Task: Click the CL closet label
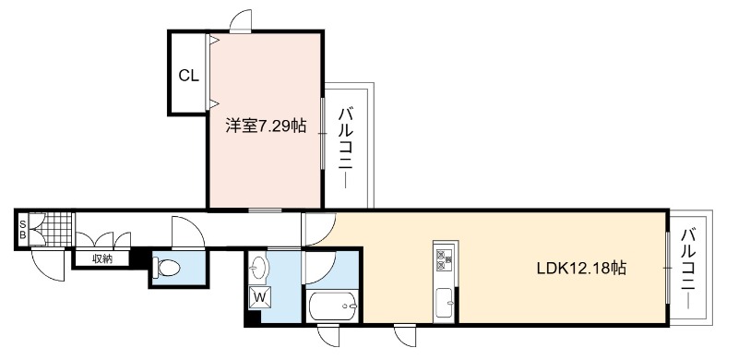(189, 76)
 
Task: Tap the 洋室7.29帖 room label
(266, 126)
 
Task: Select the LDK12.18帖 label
(582, 269)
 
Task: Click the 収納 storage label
(102, 258)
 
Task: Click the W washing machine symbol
(259, 297)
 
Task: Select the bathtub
(332, 306)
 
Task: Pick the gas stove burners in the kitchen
(445, 259)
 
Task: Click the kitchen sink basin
(445, 302)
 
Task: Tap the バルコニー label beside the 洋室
(347, 149)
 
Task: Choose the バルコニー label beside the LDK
(689, 268)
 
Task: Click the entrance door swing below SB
(49, 265)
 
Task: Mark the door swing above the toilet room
(188, 232)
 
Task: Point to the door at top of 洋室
(241, 21)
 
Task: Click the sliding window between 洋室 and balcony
(323, 134)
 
